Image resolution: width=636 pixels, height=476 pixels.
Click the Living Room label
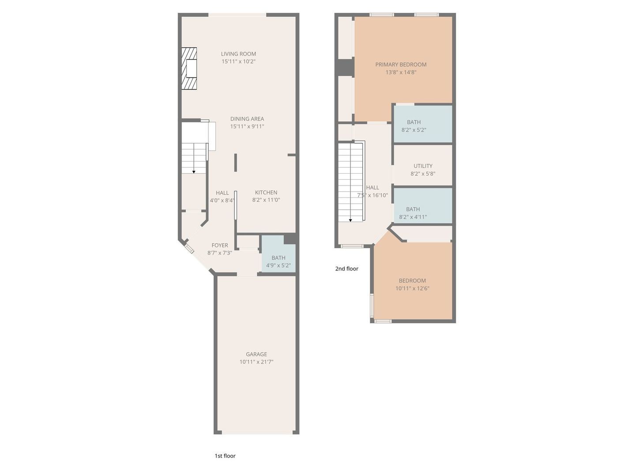[238, 54]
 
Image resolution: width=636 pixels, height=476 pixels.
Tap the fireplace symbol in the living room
[189, 69]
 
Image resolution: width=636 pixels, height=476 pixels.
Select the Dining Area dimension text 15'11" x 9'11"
[247, 126]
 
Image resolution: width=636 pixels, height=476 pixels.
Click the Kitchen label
[266, 192]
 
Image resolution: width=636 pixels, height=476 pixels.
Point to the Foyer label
[220, 245]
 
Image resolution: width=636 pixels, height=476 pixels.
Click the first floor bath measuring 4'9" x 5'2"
[278, 261]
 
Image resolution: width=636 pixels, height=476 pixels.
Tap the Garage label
[256, 354]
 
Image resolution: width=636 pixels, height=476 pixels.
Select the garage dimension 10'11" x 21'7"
[256, 362]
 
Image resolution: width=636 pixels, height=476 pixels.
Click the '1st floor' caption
[225, 456]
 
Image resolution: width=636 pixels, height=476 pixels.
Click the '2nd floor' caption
[347, 268]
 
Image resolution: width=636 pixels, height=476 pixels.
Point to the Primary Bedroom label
[401, 64]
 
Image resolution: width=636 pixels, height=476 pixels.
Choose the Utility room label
[423, 166]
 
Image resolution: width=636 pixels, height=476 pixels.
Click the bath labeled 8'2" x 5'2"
[414, 126]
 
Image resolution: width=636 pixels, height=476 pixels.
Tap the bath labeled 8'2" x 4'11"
[413, 213]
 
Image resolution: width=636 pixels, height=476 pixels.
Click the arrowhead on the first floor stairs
[194, 172]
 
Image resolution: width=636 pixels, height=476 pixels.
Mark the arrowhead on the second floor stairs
[350, 220]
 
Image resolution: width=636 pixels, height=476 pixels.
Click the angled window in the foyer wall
[189, 249]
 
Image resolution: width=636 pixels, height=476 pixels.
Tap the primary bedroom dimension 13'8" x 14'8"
[401, 72]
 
